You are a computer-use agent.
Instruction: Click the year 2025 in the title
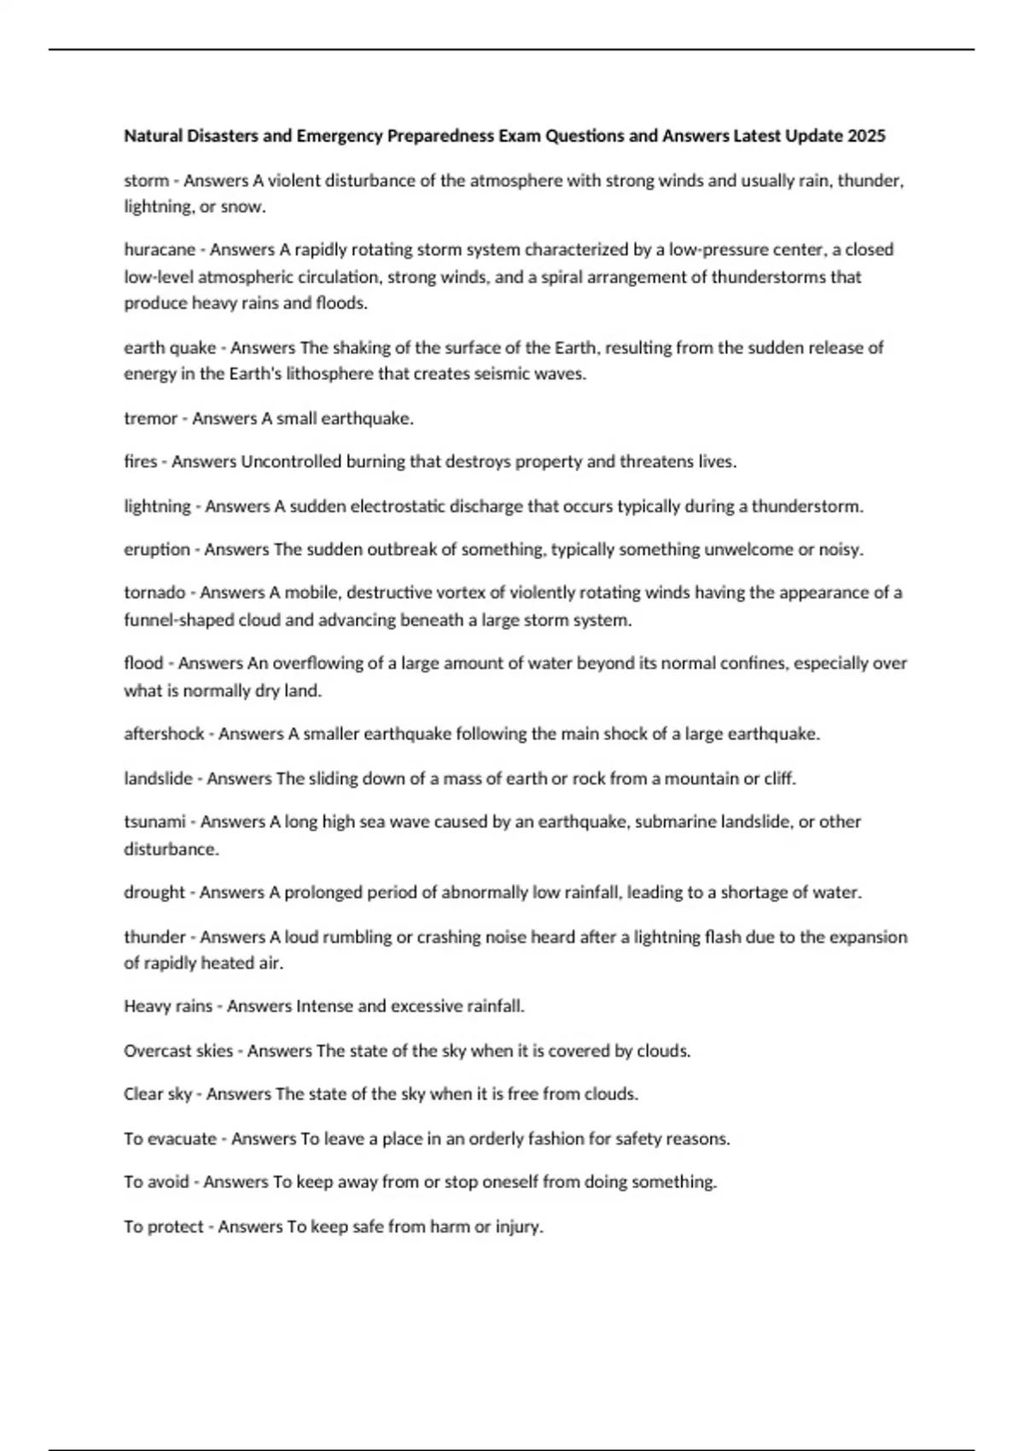867,136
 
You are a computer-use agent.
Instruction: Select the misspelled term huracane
160,250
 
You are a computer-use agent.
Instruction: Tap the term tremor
150,418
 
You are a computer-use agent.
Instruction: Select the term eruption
157,550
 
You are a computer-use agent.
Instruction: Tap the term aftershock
164,734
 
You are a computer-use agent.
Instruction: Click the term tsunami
154,822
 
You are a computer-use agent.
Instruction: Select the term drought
154,893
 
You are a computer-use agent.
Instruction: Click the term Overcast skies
178,1051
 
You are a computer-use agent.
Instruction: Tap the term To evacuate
170,1139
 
